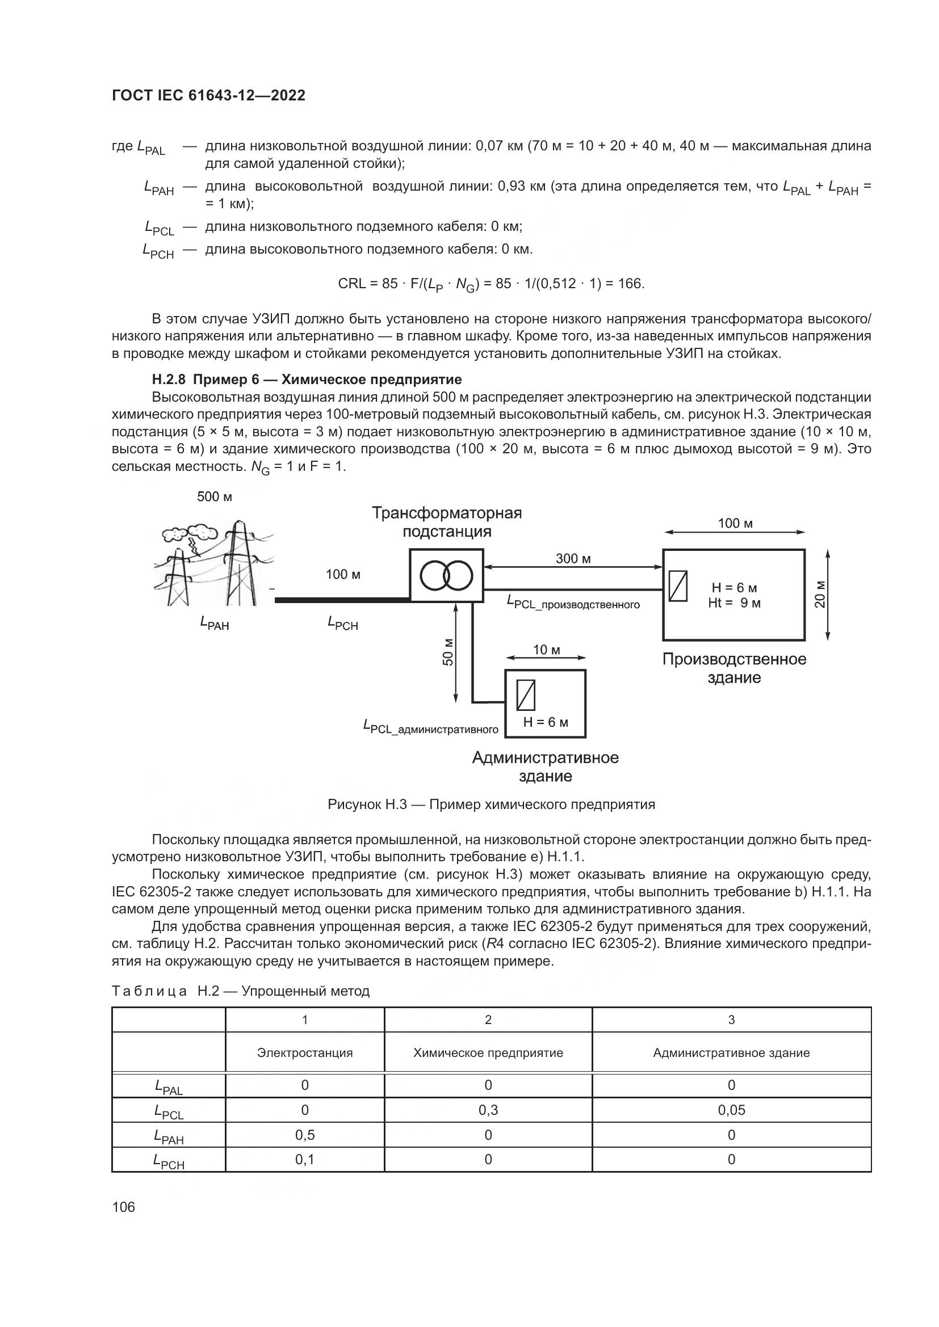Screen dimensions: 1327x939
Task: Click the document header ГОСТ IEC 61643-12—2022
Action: (x=208, y=95)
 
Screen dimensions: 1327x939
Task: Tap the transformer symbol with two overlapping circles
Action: (x=446, y=575)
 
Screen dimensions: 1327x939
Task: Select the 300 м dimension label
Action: (x=573, y=558)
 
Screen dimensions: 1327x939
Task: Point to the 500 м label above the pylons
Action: (x=215, y=496)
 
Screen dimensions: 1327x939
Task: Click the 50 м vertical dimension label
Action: (x=448, y=652)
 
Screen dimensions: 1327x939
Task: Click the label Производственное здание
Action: (x=733, y=668)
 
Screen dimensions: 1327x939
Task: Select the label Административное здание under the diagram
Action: (x=545, y=766)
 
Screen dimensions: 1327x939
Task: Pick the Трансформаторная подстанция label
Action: (x=446, y=522)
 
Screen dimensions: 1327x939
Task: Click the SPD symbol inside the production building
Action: (x=678, y=585)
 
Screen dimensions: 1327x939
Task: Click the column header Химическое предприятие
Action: (x=488, y=1052)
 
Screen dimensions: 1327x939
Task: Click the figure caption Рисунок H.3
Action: (x=491, y=804)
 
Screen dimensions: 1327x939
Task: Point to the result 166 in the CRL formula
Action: (x=630, y=284)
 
